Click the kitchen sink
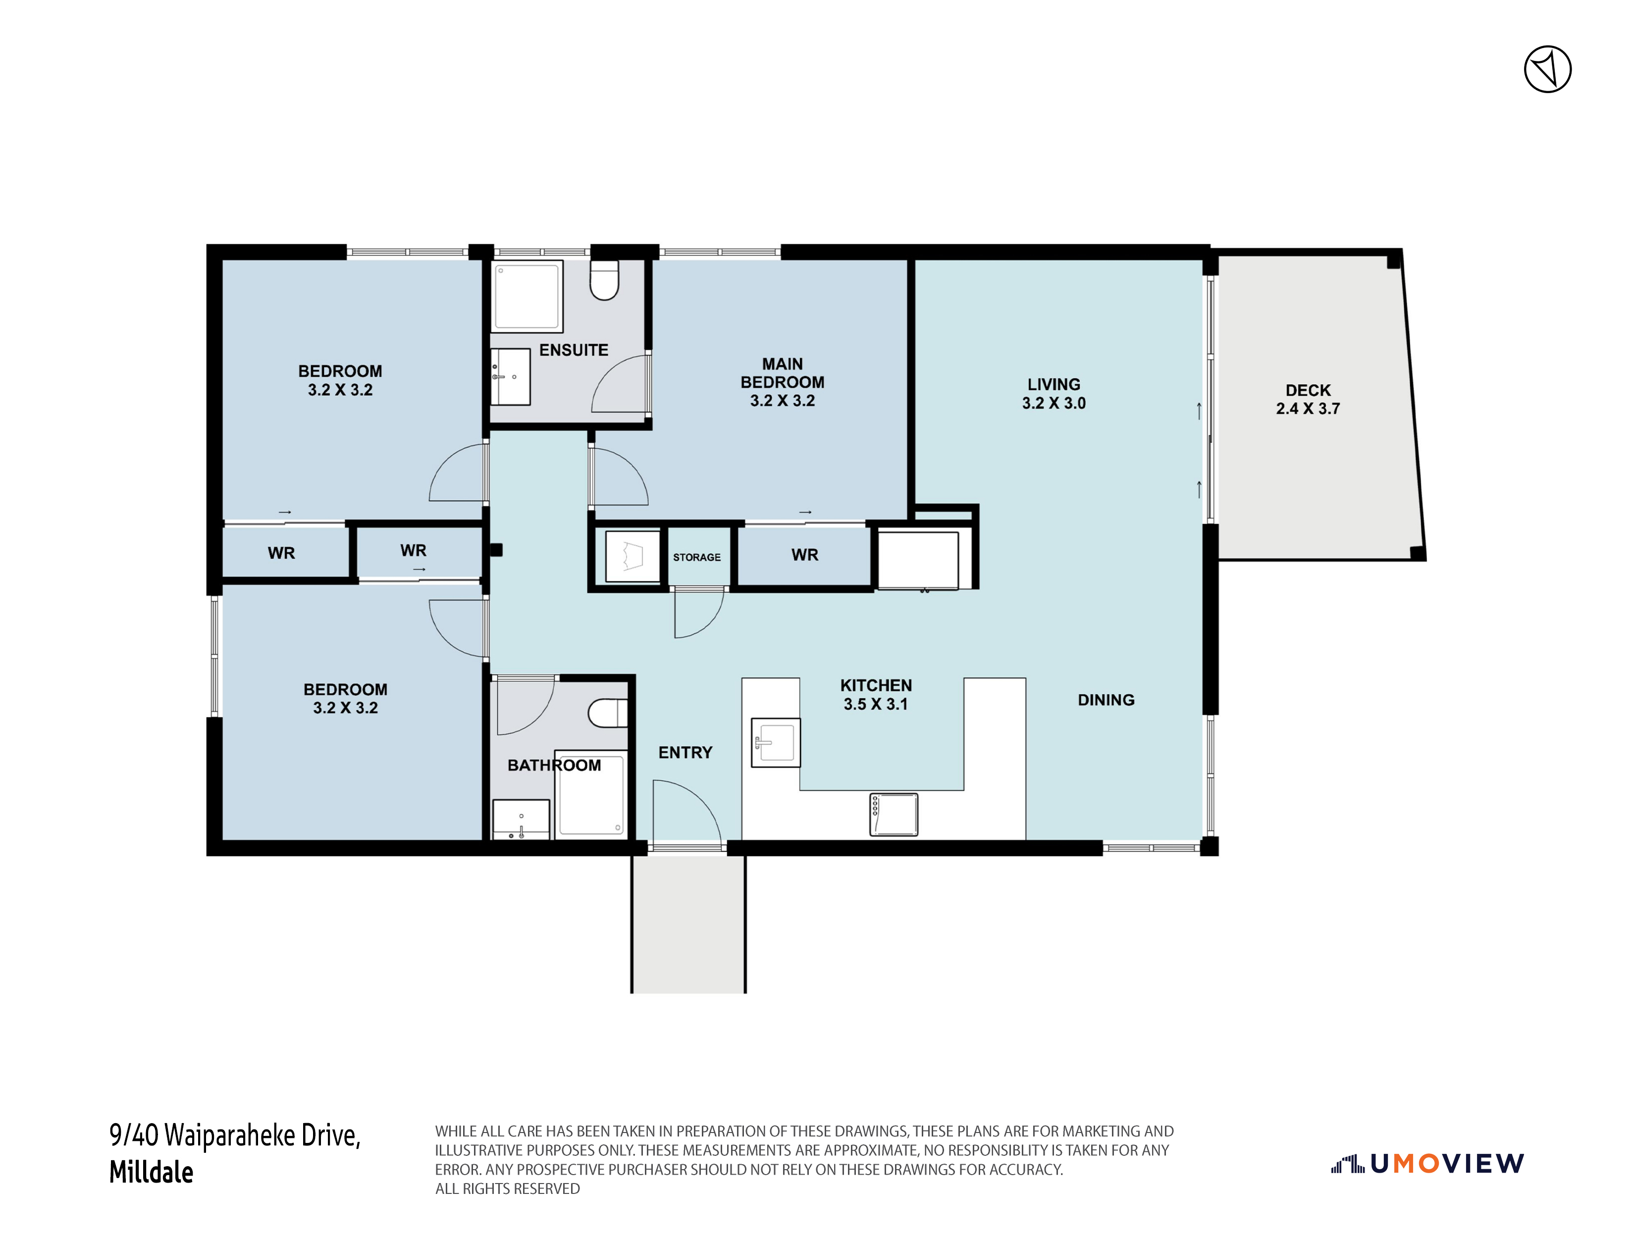(x=775, y=742)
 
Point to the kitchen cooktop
(x=894, y=815)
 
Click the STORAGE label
(x=697, y=558)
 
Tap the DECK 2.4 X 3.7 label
(x=1308, y=399)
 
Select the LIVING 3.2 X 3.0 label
(x=1054, y=394)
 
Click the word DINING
(x=1106, y=700)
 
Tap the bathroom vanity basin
(x=521, y=820)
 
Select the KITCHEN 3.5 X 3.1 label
(x=876, y=695)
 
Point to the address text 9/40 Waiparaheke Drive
(x=235, y=1135)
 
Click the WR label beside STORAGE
(x=805, y=555)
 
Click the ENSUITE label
(x=574, y=350)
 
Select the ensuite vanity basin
(x=511, y=376)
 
